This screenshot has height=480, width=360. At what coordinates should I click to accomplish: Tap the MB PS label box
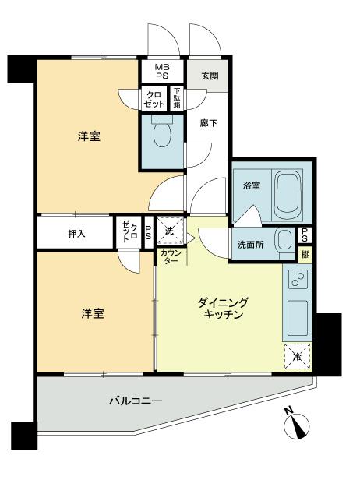click(x=161, y=72)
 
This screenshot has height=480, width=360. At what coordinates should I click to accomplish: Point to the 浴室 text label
click(x=251, y=185)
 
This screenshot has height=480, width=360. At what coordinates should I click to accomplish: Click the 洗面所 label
click(x=251, y=245)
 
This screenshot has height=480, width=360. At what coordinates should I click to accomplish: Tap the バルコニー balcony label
click(x=135, y=403)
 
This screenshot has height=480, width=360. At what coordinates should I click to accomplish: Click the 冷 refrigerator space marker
click(x=296, y=355)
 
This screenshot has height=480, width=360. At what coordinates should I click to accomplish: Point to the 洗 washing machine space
click(x=171, y=230)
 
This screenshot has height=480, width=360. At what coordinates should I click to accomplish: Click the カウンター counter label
click(x=171, y=256)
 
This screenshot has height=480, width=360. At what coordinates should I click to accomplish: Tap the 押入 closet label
click(x=76, y=234)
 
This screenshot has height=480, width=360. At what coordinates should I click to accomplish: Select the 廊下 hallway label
click(x=207, y=123)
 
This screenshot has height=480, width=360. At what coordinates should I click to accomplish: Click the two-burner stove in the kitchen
click(x=297, y=281)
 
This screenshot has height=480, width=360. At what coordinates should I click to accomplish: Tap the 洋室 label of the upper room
click(x=88, y=136)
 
